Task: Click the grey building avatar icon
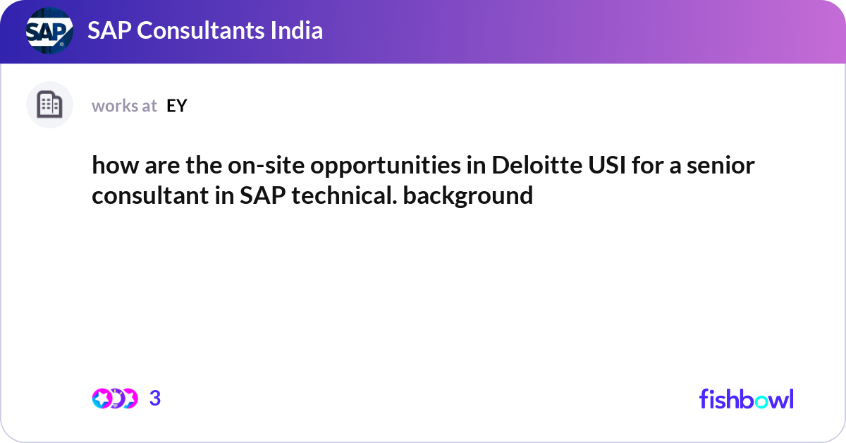click(x=49, y=105)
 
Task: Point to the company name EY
click(x=176, y=106)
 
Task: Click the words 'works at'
click(x=124, y=106)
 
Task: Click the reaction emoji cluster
click(x=115, y=399)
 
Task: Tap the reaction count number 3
click(x=155, y=399)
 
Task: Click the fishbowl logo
click(x=746, y=399)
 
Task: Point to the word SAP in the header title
click(x=109, y=30)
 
